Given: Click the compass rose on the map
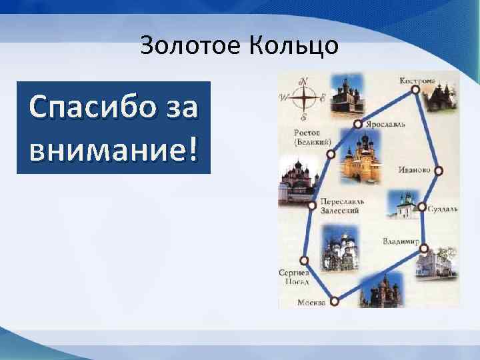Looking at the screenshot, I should [x=303, y=99].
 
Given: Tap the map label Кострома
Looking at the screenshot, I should [x=417, y=81].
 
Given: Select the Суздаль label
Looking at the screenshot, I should [x=443, y=209].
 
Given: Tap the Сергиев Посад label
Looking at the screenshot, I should [x=294, y=277].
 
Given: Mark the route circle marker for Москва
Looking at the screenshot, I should [x=334, y=301].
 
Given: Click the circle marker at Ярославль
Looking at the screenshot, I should [x=358, y=124].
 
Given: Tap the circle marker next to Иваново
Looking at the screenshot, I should [x=438, y=171].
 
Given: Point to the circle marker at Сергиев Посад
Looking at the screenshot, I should [x=305, y=260].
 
